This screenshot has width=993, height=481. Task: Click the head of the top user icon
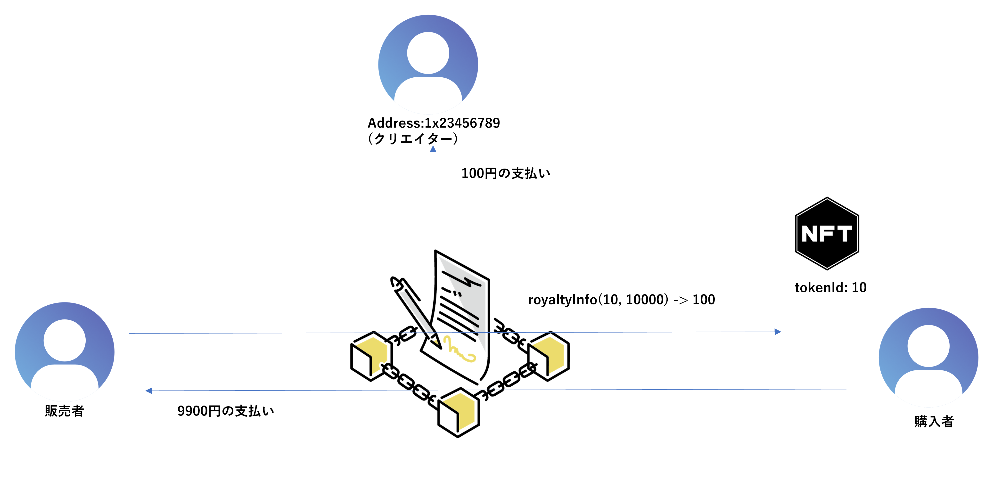[x=428, y=53]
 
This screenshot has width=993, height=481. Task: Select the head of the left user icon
[x=64, y=340]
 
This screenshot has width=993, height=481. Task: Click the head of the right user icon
[x=928, y=346]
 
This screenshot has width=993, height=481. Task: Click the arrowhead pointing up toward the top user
[x=433, y=149]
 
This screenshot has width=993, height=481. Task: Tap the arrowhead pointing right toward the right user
[x=778, y=331]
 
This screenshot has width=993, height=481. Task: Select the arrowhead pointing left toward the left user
[x=149, y=391]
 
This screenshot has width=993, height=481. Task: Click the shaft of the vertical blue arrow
[x=433, y=189]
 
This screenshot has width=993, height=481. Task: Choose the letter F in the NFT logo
[x=828, y=234]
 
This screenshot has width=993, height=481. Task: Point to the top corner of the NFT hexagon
[x=827, y=198]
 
